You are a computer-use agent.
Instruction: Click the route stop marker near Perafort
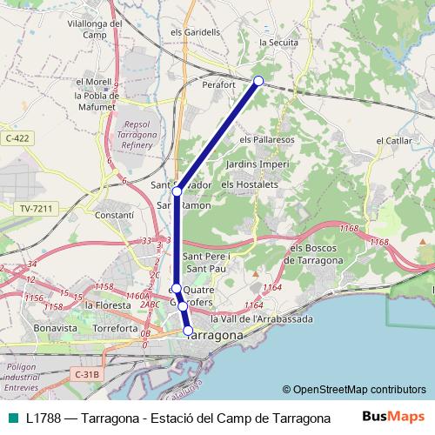click(x=258, y=81)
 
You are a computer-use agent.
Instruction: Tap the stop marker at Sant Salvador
click(x=177, y=191)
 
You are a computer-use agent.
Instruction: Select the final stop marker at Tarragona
click(x=188, y=330)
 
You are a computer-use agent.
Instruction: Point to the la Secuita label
click(x=278, y=41)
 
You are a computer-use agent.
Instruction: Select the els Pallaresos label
click(x=267, y=138)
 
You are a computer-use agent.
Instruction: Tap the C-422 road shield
click(x=17, y=137)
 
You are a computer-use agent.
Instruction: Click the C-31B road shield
click(x=87, y=374)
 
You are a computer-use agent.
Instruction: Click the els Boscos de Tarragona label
click(x=317, y=255)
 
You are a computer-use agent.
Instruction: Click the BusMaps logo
click(x=394, y=417)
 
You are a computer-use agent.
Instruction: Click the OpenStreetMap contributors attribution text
click(x=353, y=390)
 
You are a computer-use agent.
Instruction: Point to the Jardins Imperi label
click(x=257, y=164)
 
